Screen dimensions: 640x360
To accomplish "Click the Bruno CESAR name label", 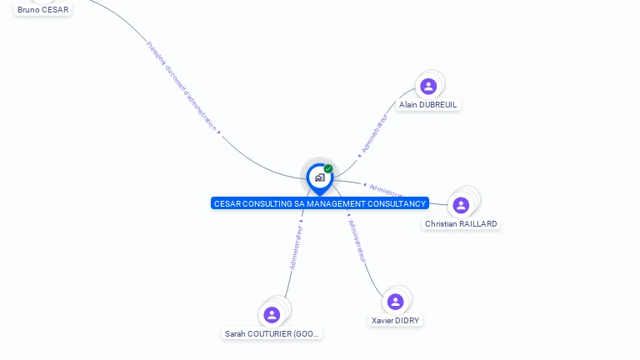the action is coord(43,10).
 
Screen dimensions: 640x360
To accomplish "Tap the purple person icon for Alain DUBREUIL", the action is coord(428,86).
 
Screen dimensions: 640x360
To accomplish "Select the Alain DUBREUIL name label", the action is coord(428,105).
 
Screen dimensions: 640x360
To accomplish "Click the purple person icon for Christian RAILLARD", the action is coord(461,205).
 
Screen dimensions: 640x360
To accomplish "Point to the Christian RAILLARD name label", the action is coord(461,224).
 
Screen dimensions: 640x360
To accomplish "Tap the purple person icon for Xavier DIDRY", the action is coord(396,302).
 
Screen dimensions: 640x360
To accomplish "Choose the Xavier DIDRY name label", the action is coord(396,321).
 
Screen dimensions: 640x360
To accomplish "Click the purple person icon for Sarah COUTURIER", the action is coord(272,315).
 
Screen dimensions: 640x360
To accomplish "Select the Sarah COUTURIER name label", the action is coord(272,333).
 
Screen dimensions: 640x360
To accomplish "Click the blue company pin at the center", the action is coord(319,177).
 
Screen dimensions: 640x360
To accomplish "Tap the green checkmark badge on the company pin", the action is coord(328,169).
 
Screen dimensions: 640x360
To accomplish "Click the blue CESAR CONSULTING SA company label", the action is coord(320,203).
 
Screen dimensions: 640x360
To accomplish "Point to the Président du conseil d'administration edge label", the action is coord(182,87).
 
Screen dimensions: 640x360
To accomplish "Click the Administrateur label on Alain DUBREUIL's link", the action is coord(374,133).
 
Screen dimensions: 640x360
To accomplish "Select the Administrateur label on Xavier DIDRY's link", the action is coord(357,242).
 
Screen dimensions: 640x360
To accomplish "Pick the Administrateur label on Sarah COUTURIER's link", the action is coord(296,247).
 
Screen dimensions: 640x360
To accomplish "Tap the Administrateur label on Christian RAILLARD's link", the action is coord(386,189).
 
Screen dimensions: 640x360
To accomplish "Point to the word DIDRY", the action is coord(407,321).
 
